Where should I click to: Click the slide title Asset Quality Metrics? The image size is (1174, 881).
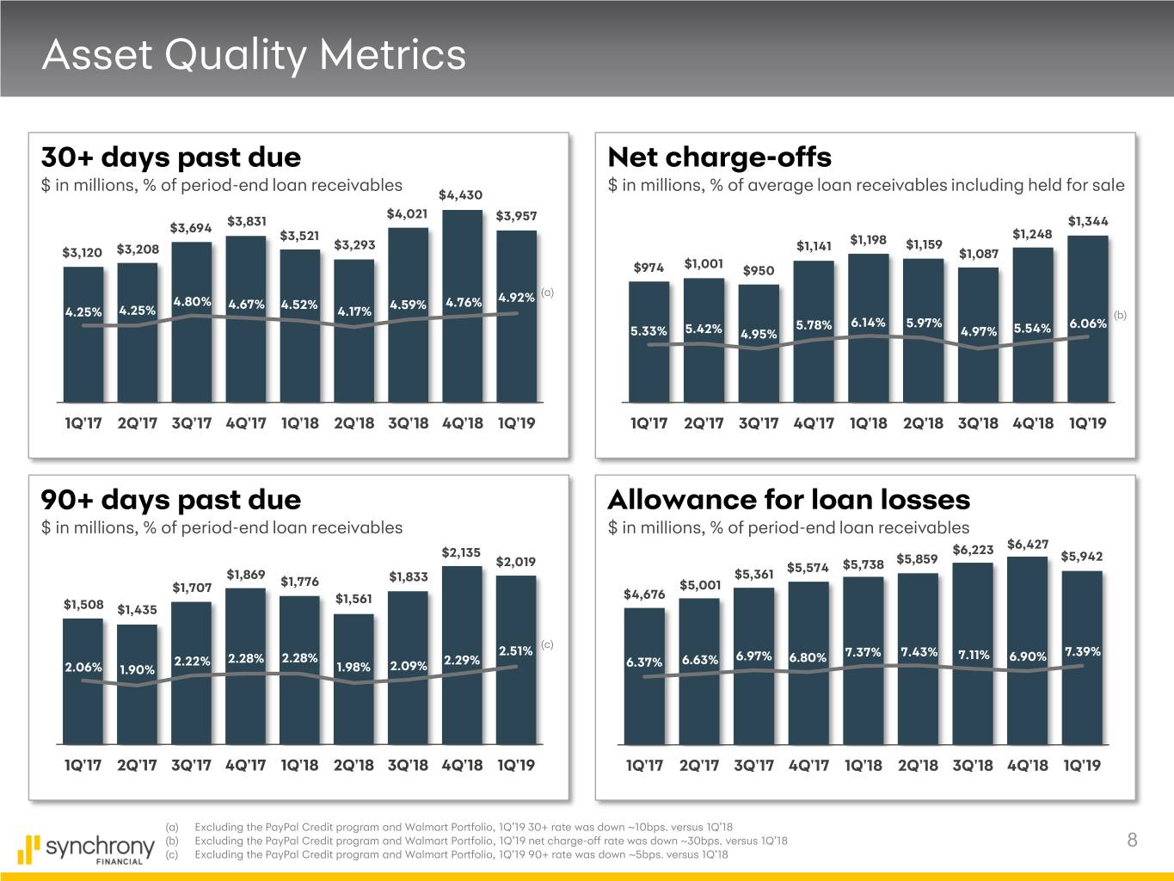[254, 55]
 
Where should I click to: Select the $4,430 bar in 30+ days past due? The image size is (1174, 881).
[462, 305]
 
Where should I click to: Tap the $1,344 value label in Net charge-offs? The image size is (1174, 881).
[1088, 221]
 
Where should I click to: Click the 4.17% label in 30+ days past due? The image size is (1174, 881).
[354, 311]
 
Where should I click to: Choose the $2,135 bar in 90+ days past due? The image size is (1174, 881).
[462, 654]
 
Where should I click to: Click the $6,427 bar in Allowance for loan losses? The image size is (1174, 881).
[1027, 650]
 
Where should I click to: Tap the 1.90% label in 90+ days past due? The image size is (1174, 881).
[137, 669]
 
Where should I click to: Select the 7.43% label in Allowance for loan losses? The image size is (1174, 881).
[919, 651]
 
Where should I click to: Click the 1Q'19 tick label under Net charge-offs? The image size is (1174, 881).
[1087, 423]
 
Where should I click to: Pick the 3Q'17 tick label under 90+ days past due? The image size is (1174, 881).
[191, 765]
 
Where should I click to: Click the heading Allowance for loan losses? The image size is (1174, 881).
[789, 499]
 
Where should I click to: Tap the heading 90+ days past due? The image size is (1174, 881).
[171, 499]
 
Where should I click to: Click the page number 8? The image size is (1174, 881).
[1132, 841]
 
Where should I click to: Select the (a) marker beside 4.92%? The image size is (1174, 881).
[547, 293]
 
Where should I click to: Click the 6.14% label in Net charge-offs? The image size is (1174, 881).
[868, 323]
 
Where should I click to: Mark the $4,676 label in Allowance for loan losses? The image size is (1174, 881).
[643, 595]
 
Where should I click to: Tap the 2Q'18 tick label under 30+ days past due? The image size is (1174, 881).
[353, 423]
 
